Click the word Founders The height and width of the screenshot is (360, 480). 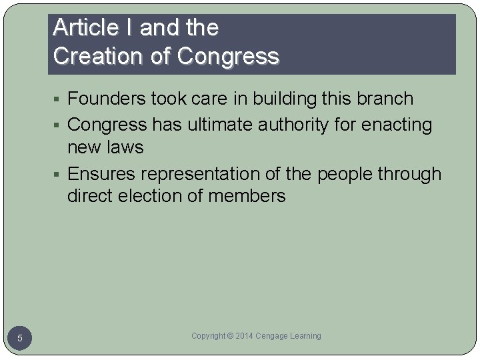coord(107,99)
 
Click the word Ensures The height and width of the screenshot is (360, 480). coord(101,174)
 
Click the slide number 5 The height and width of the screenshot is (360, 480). coord(20,339)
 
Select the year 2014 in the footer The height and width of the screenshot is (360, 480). coord(243,336)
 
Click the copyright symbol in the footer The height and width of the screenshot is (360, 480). coord(231,336)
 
